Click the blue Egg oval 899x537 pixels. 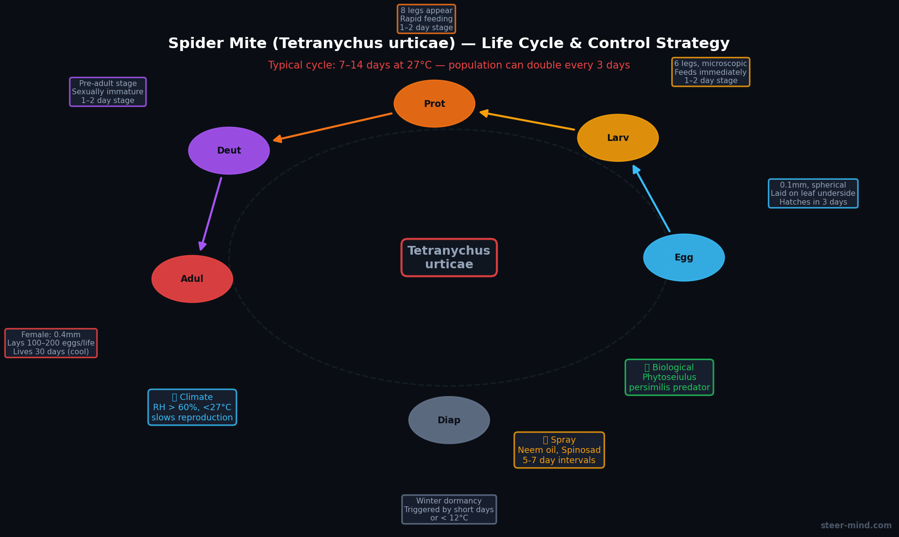684,258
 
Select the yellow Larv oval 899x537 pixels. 618,138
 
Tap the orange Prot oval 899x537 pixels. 434,104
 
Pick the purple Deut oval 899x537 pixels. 229,151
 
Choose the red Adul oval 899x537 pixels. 192,279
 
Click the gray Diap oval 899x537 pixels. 449,420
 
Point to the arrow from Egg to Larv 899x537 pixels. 651,199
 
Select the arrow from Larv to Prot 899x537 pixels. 527,121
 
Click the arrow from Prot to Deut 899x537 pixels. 333,127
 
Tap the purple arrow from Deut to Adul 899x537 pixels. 211,214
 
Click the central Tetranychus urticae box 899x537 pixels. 449,258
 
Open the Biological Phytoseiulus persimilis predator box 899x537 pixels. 669,378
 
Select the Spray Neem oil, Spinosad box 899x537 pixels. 559,450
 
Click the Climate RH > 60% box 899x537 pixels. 192,407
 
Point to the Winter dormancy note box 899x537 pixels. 449,509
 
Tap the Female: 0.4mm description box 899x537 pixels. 51,343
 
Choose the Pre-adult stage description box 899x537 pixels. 108,92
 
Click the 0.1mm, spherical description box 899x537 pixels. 813,193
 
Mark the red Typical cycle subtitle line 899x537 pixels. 449,66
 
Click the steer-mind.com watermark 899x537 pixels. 856,525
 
